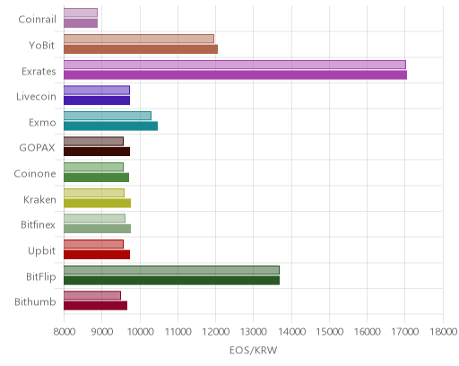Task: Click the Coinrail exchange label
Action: [37, 20]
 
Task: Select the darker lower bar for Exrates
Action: [235, 75]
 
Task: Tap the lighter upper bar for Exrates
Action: [235, 65]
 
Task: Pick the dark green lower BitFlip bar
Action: [171, 281]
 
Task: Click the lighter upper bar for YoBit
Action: [139, 39]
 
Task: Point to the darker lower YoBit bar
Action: [141, 49]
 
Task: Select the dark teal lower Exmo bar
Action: [110, 126]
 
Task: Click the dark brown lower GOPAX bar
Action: [97, 152]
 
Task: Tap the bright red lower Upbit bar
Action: [97, 255]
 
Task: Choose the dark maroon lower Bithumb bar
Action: [95, 306]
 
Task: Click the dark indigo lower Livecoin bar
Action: [97, 100]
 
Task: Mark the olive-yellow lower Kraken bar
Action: [97, 204]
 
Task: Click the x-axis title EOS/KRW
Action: [253, 350]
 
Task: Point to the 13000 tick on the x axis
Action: [253, 332]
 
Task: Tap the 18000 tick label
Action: [443, 332]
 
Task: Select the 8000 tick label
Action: [65, 332]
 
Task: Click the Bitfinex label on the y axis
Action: [38, 224]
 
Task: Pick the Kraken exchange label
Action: [39, 199]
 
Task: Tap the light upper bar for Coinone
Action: [93, 167]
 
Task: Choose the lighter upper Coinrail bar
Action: [81, 13]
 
